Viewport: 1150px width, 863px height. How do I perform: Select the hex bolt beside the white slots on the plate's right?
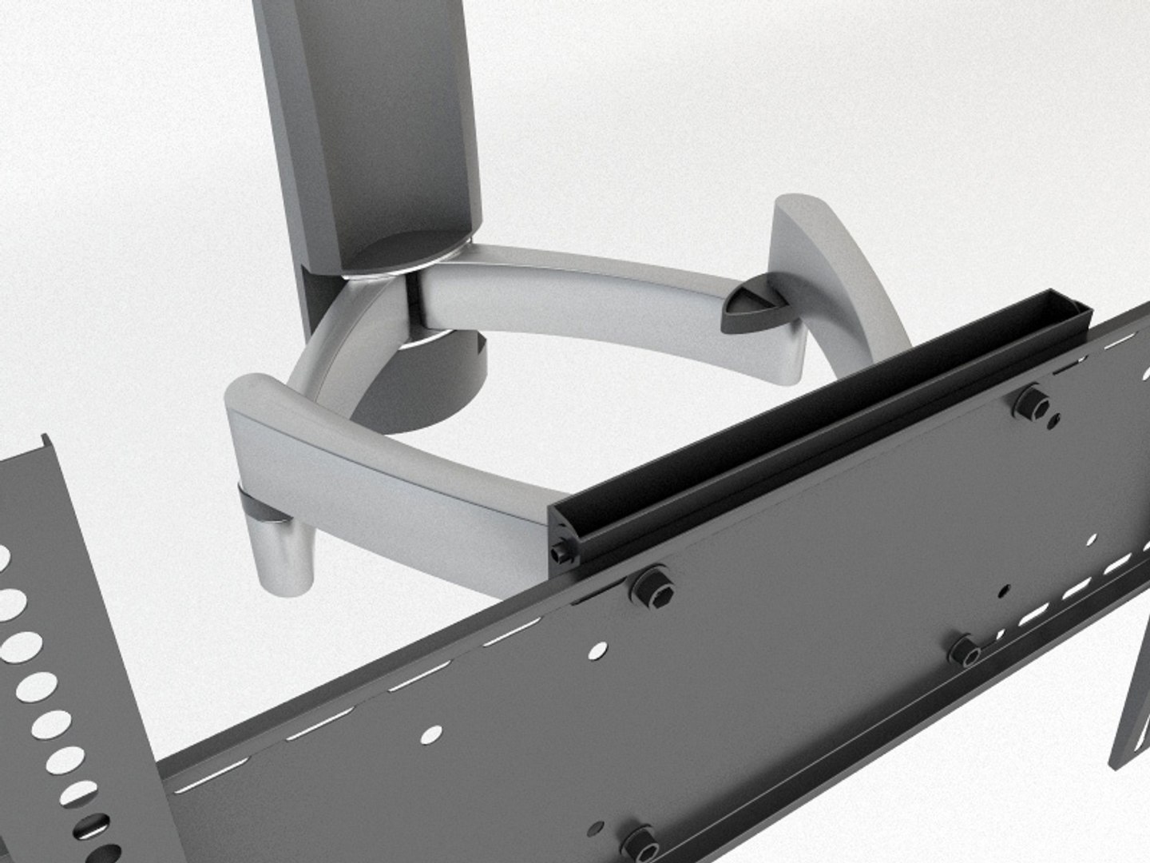coord(964,652)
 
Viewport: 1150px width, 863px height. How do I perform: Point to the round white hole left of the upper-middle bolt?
coord(597,653)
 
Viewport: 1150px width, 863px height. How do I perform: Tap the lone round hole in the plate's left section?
coord(432,733)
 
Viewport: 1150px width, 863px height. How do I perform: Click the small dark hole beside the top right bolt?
coord(1056,420)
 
